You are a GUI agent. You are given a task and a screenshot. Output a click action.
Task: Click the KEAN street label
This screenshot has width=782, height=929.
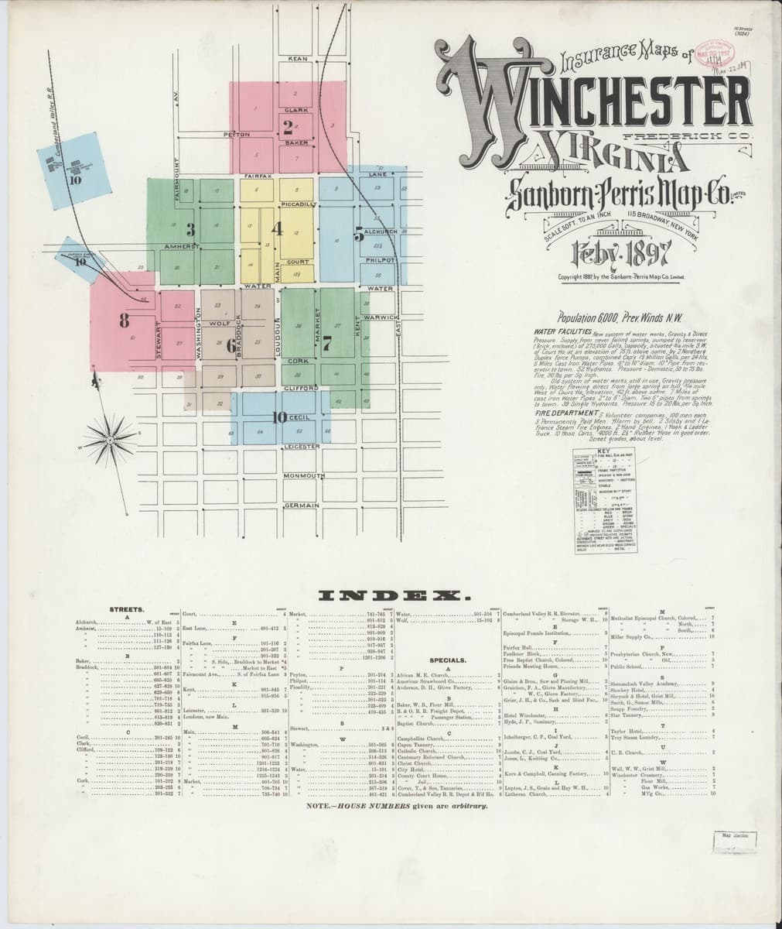click(298, 59)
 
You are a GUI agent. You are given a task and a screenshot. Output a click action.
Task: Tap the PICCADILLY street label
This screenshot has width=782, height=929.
click(298, 204)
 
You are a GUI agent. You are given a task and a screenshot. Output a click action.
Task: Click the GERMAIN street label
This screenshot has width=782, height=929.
click(301, 506)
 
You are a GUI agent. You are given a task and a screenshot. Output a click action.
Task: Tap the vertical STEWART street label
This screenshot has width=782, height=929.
click(161, 340)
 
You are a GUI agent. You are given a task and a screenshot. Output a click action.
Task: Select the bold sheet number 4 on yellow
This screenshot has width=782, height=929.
click(275, 229)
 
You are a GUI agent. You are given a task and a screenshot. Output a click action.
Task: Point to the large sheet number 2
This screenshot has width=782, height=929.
click(288, 127)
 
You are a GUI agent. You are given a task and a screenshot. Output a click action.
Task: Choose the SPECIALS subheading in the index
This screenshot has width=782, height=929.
click(448, 661)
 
